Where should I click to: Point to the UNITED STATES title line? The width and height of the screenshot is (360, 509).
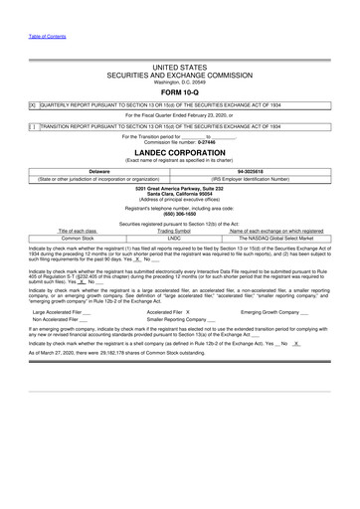pos(180,68)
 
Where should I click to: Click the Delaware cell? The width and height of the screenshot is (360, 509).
pos(97,171)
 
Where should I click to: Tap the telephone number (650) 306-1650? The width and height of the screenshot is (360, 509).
pos(180,214)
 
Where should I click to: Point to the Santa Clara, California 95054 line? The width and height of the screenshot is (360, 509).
pos(180,193)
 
